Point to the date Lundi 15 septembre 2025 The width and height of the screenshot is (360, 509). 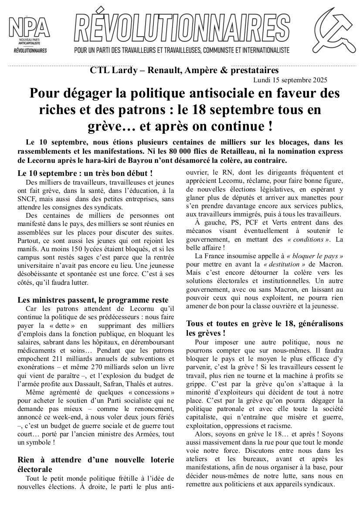pos(290,80)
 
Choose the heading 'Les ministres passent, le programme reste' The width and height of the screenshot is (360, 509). pos(93,300)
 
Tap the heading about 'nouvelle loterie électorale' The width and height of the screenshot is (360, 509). pos(95,464)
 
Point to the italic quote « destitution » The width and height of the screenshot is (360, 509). pos(284,264)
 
